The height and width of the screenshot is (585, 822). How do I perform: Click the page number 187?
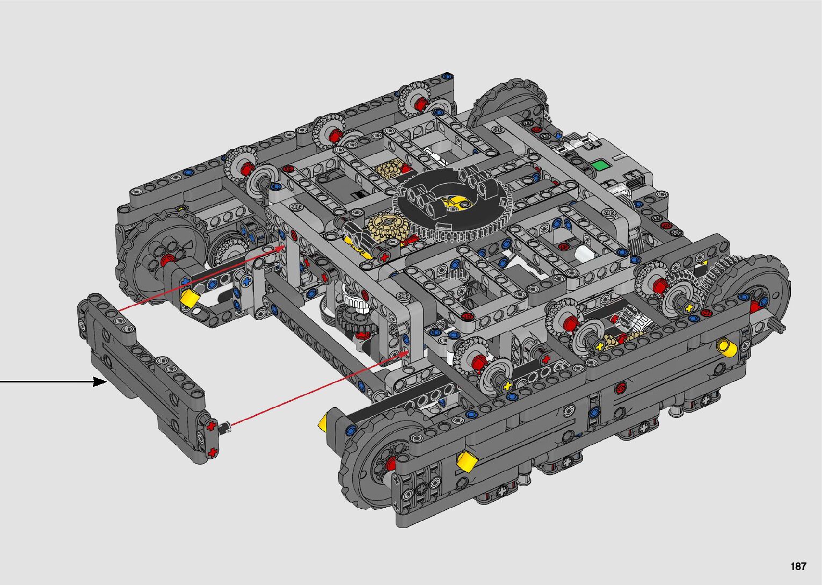[x=798, y=566]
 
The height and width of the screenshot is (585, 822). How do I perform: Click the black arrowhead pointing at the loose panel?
[x=100, y=382]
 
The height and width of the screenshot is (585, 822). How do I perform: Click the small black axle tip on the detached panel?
[x=224, y=427]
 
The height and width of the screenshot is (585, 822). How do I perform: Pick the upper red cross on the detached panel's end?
[x=210, y=427]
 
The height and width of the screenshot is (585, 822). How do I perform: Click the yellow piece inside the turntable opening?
[x=453, y=203]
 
